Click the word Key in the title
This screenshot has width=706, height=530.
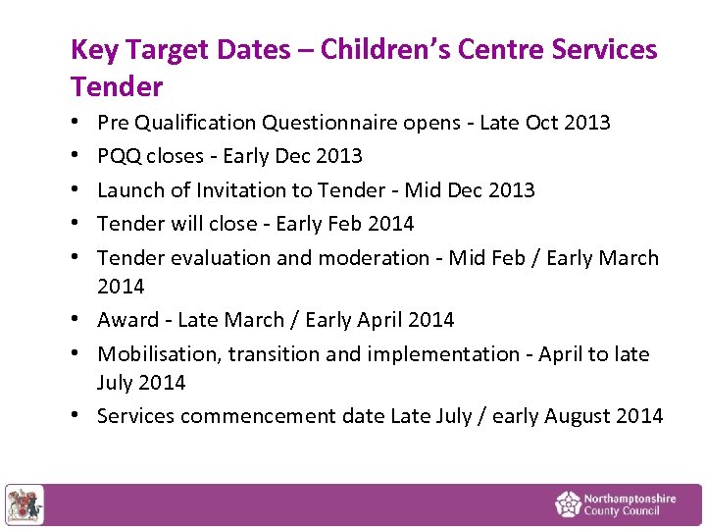(x=93, y=49)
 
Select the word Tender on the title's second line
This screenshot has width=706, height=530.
(x=117, y=86)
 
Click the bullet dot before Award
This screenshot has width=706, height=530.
(x=76, y=320)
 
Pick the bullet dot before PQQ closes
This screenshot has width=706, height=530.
(x=76, y=156)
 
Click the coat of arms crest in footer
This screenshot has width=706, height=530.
(x=25, y=504)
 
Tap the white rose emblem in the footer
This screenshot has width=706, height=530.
(x=568, y=504)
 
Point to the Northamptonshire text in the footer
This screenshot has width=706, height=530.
(x=629, y=499)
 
